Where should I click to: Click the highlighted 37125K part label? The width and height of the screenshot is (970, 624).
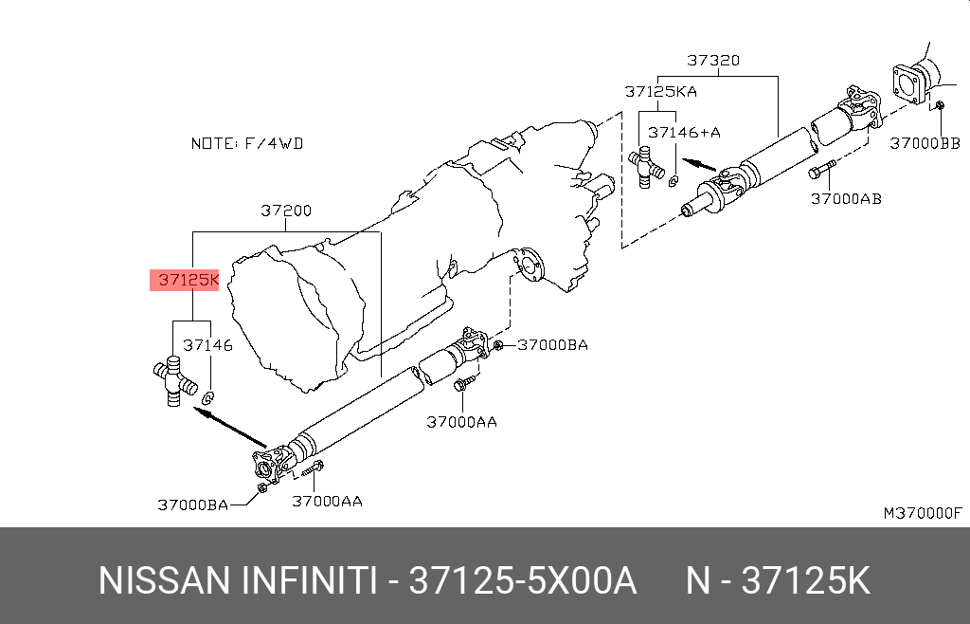(x=189, y=280)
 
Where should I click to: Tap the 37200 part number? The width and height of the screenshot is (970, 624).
(x=286, y=211)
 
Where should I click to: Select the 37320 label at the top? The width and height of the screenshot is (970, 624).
(x=713, y=60)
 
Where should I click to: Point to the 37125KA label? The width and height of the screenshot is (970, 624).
(x=660, y=92)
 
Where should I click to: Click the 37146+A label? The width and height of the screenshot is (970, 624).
(x=684, y=133)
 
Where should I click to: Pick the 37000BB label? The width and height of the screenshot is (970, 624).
(x=925, y=143)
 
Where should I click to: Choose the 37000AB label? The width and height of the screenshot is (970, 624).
(x=846, y=199)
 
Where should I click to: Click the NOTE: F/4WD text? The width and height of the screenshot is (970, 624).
(x=247, y=143)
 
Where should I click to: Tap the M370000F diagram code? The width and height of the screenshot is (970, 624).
(x=923, y=512)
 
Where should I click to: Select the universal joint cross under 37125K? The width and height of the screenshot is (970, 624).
(x=175, y=380)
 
